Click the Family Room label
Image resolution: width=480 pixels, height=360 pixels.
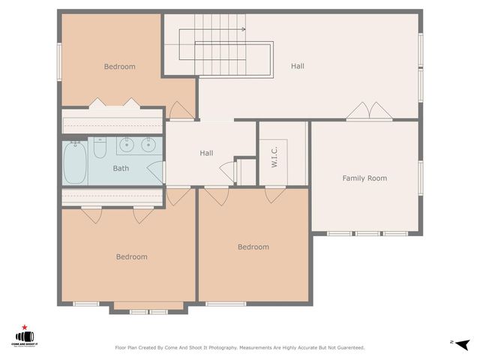364,178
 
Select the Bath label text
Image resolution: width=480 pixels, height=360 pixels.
121,169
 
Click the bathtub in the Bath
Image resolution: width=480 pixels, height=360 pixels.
75,163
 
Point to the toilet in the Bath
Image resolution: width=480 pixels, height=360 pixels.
100,148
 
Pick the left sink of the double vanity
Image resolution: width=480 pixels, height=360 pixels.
126,145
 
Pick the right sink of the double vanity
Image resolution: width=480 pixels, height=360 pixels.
148,145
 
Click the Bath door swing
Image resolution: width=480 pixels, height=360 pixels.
155,172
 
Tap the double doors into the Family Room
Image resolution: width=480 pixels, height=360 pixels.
368,112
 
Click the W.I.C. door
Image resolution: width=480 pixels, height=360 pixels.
275,194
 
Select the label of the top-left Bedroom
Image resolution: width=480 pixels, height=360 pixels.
119,67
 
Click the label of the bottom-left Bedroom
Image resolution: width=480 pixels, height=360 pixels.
131,257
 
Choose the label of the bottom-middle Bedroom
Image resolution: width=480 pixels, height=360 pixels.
253,247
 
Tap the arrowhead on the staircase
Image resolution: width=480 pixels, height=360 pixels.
243,29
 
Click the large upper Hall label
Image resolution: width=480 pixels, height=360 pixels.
298,67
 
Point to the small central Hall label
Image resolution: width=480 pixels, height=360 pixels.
206,153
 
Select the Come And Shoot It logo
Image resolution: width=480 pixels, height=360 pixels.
25,338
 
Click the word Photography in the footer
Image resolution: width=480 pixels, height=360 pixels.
223,348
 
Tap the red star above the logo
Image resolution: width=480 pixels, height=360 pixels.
25,328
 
